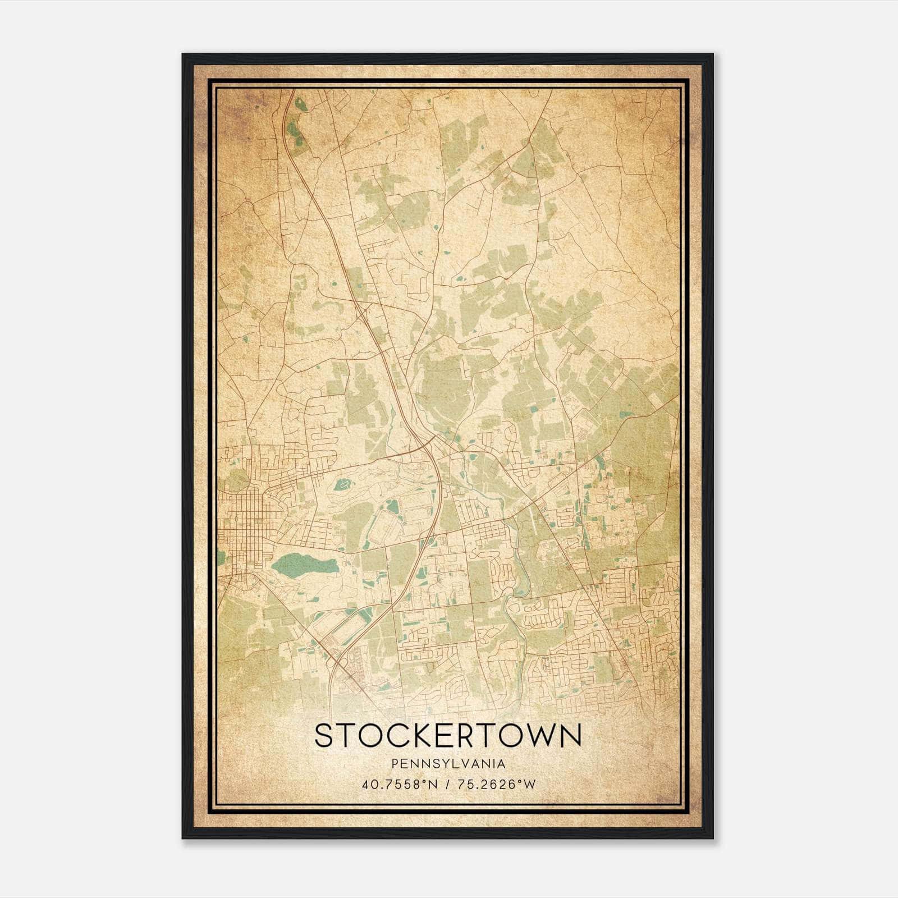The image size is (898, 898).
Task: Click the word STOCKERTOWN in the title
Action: pyautogui.click(x=448, y=735)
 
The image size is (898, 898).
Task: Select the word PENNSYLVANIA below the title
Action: pyautogui.click(x=448, y=764)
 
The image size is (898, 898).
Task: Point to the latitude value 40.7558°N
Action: pyautogui.click(x=400, y=785)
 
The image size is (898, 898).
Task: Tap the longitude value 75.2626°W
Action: pyautogui.click(x=497, y=785)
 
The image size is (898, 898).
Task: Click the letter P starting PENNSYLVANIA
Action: pyautogui.click(x=395, y=764)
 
